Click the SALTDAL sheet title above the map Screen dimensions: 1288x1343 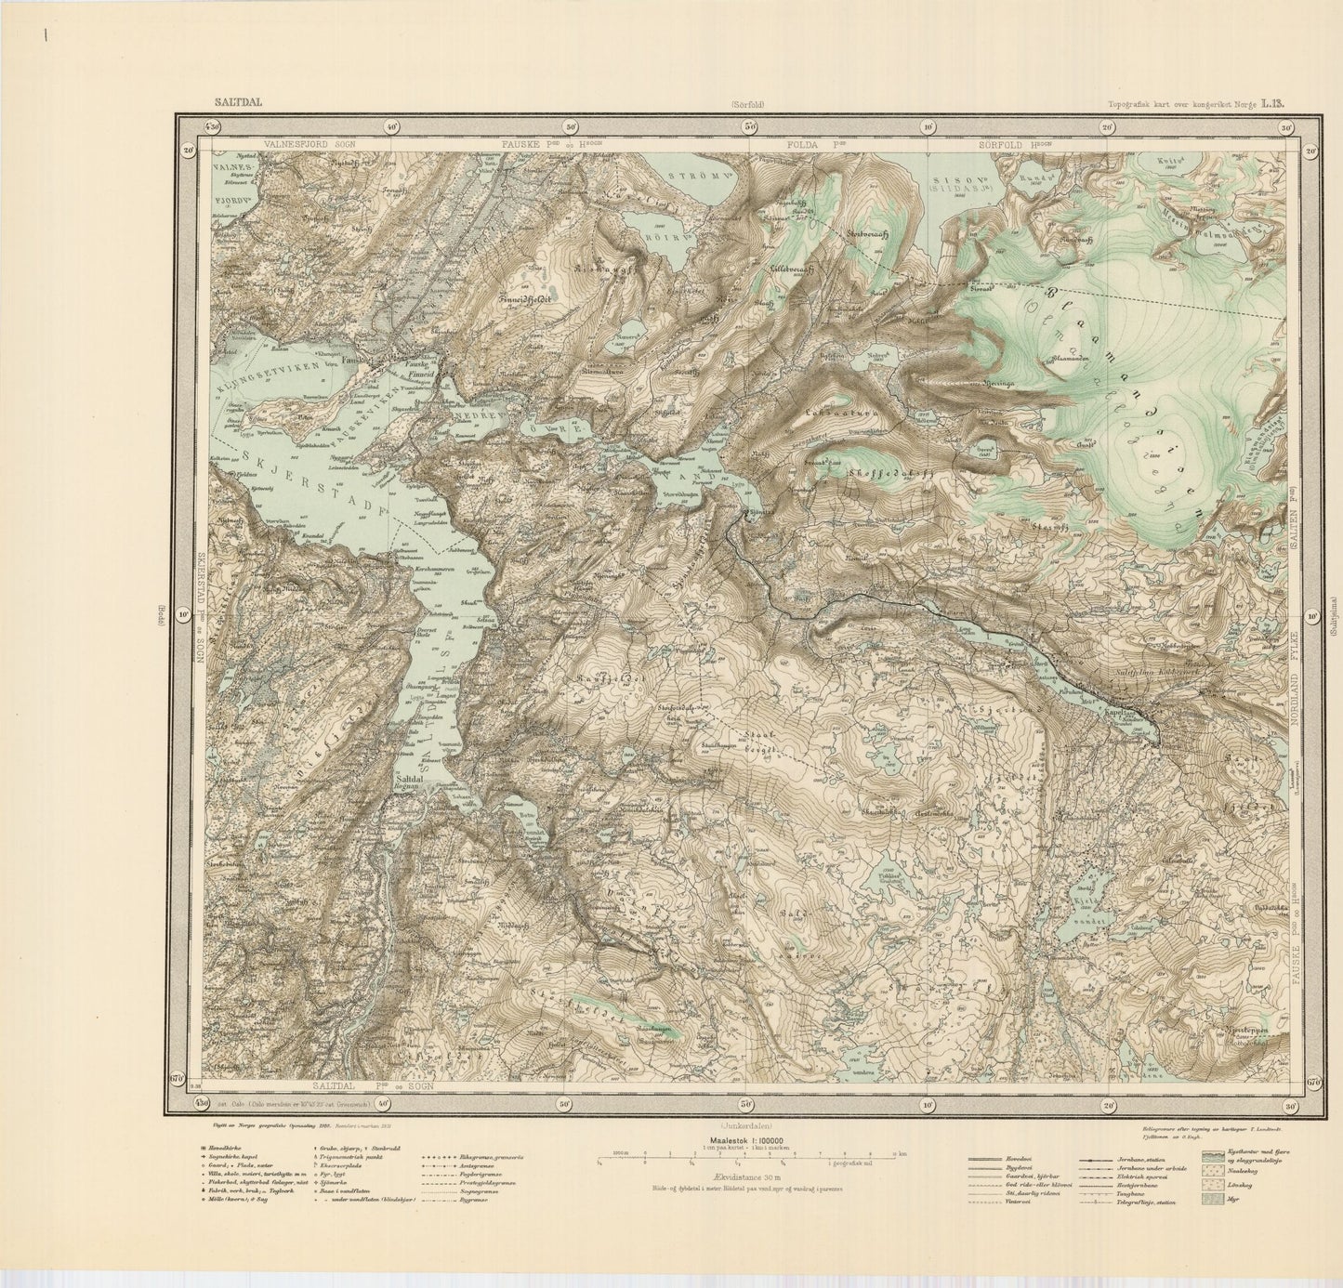[236, 103]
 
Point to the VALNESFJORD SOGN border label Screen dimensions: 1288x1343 [302, 145]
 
